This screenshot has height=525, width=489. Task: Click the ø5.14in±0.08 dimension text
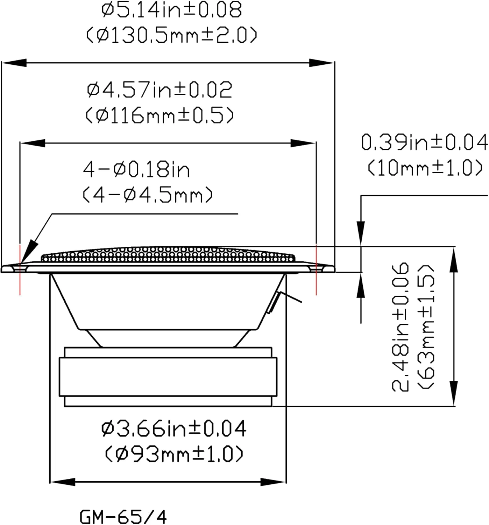click(172, 9)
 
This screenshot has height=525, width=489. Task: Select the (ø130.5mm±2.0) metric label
click(172, 35)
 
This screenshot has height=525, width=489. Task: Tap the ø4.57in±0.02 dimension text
click(160, 90)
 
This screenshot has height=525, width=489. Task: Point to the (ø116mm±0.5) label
click(160, 115)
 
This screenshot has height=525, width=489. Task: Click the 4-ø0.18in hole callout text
click(136, 169)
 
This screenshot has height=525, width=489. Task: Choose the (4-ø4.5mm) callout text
click(148, 195)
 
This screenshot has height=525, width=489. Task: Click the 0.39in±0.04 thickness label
click(425, 142)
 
